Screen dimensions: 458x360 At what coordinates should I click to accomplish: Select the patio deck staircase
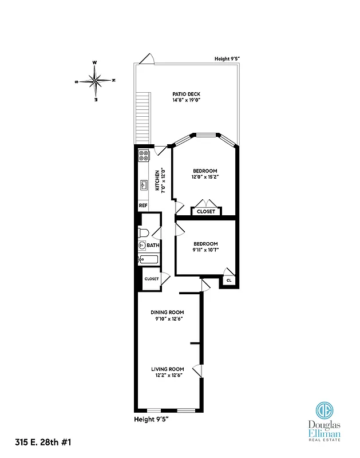[142, 118]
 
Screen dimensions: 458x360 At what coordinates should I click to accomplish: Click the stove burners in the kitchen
[144, 157]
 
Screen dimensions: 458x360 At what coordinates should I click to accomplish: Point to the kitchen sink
[143, 184]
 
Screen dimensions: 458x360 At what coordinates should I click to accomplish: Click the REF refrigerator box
[143, 206]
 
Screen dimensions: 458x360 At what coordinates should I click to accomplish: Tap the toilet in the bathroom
[144, 232]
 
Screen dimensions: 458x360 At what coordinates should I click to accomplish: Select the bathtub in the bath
[148, 260]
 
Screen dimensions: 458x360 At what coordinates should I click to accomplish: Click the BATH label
[153, 246]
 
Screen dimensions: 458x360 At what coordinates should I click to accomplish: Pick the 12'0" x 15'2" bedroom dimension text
[205, 177]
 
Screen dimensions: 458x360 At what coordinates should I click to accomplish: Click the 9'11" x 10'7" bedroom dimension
[205, 249]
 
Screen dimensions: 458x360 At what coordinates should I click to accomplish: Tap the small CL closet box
[229, 281]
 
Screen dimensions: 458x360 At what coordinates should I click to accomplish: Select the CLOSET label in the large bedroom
[206, 211]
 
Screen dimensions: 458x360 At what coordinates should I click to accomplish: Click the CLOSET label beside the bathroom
[151, 279]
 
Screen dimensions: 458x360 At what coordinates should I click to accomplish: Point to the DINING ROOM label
[167, 312]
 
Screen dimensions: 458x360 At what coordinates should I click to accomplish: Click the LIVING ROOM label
[167, 369]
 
